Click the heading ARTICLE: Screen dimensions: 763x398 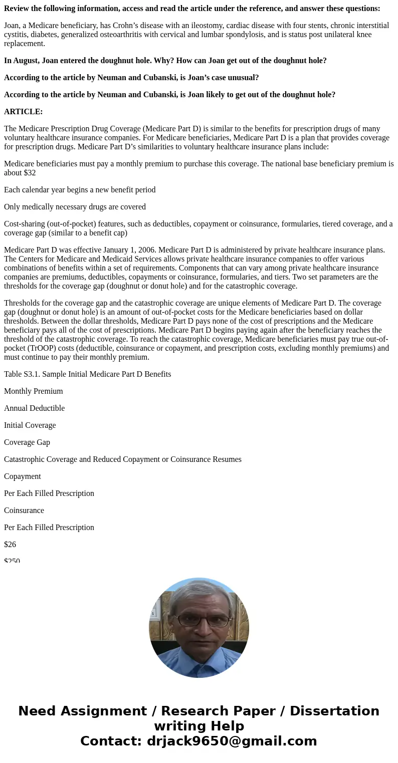coord(24,112)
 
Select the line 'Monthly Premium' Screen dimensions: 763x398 coord(34,391)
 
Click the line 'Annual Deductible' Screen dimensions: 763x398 coord(35,408)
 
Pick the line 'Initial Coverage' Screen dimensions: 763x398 coord(30,425)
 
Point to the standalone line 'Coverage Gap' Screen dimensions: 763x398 coord(27,442)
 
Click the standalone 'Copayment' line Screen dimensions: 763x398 coord(23,476)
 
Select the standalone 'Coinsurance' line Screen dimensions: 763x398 coord(24,511)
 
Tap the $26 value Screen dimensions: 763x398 coord(10,545)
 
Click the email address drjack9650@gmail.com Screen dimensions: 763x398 coord(232,741)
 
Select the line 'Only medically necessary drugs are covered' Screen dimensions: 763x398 coord(75,207)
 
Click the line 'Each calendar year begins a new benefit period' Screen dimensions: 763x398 coord(80,190)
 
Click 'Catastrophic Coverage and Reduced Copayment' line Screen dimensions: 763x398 coord(123,459)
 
